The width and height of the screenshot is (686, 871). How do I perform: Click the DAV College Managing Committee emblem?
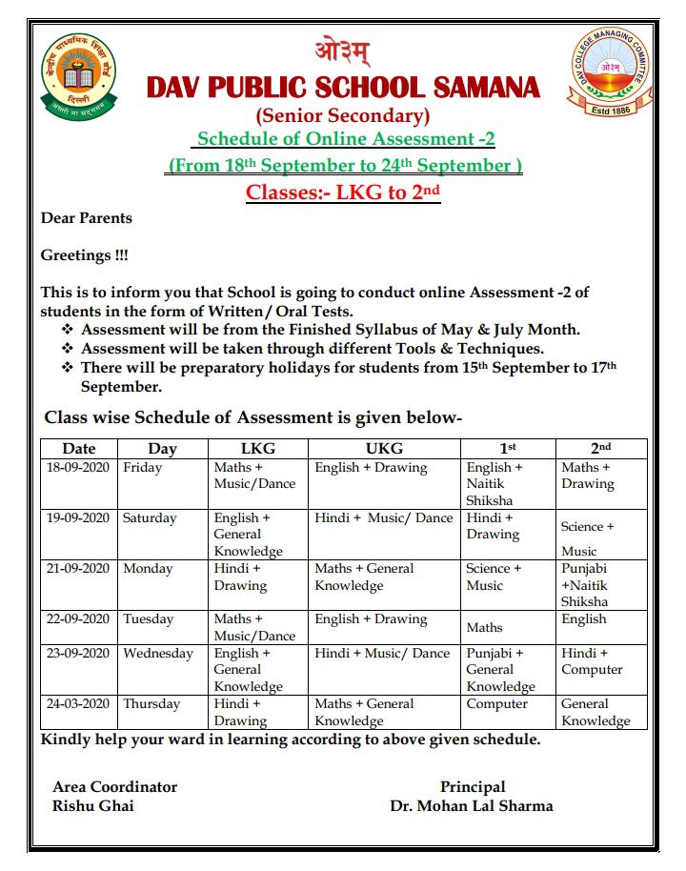[611, 73]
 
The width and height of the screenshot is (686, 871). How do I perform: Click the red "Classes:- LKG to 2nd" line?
[342, 192]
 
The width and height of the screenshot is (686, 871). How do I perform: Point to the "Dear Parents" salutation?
[87, 218]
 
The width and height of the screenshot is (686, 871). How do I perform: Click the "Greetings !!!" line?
[84, 255]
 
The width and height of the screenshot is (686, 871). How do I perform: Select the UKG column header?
[384, 448]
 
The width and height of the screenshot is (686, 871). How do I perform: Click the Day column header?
[162, 448]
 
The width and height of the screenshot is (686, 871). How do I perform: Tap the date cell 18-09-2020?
[79, 468]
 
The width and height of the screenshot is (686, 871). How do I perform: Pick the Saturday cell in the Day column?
[150, 518]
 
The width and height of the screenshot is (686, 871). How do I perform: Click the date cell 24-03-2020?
[79, 704]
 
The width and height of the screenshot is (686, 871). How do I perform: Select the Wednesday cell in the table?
[158, 654]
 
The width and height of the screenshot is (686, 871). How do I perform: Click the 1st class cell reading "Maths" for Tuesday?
[485, 628]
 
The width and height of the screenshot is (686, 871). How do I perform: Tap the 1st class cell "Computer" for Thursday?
[496, 704]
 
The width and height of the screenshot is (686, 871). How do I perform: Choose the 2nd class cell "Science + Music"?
[587, 537]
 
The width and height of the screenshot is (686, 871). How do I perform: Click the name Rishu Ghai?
[93, 806]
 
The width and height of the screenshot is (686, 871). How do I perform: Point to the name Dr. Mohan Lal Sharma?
[471, 806]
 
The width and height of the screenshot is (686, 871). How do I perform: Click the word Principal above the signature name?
[473, 787]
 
